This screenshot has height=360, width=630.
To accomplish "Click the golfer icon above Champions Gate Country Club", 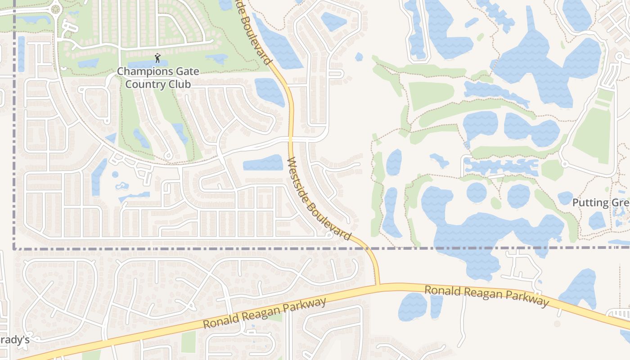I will pyautogui.click(x=157, y=58).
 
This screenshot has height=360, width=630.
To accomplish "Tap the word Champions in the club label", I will pyautogui.click(x=141, y=71).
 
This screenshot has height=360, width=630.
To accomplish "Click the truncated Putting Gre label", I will pyautogui.click(x=600, y=202).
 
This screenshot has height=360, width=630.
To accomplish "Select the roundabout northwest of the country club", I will pyautogui.click(x=56, y=9).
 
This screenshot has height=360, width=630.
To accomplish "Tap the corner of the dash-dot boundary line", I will pyautogui.click(x=14, y=248).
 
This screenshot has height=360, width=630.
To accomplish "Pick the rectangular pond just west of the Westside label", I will pyautogui.click(x=263, y=163).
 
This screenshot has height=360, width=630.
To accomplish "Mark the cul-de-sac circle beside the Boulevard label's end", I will pyautogui.click(x=329, y=235).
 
